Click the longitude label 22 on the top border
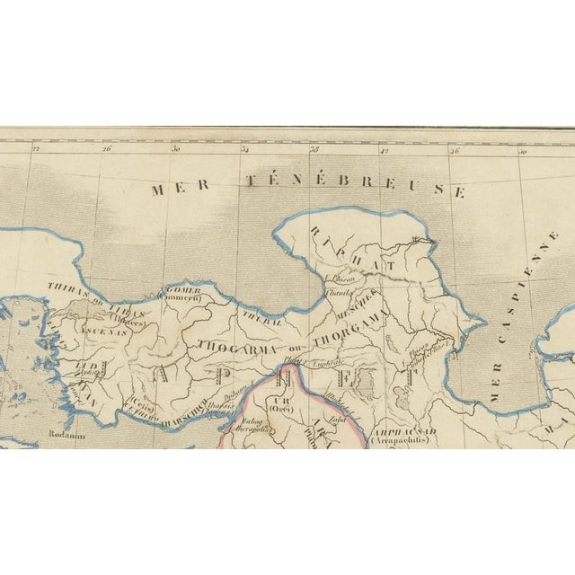click(36, 151)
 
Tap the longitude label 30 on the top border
click(176, 151)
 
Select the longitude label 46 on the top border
click(456, 151)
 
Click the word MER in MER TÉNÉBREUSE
click(168, 190)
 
